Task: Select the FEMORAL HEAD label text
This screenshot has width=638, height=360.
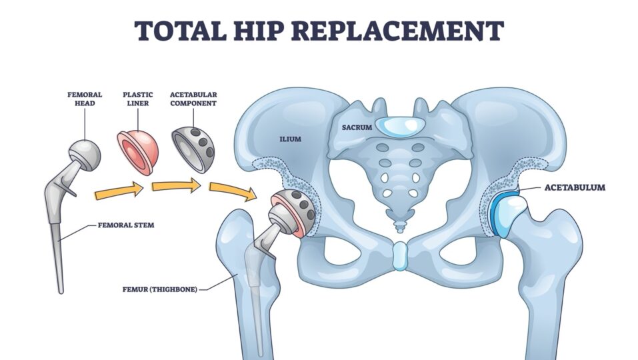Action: [85, 99]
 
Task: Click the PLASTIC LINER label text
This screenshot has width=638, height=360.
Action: [138, 99]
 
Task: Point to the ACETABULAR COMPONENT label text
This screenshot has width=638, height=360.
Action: [193, 99]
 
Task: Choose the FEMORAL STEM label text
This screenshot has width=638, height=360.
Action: [127, 225]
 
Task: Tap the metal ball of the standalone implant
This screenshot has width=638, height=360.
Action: [86, 155]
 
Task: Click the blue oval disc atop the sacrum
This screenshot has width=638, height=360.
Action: [399, 125]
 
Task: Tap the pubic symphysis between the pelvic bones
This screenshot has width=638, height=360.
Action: [399, 256]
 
